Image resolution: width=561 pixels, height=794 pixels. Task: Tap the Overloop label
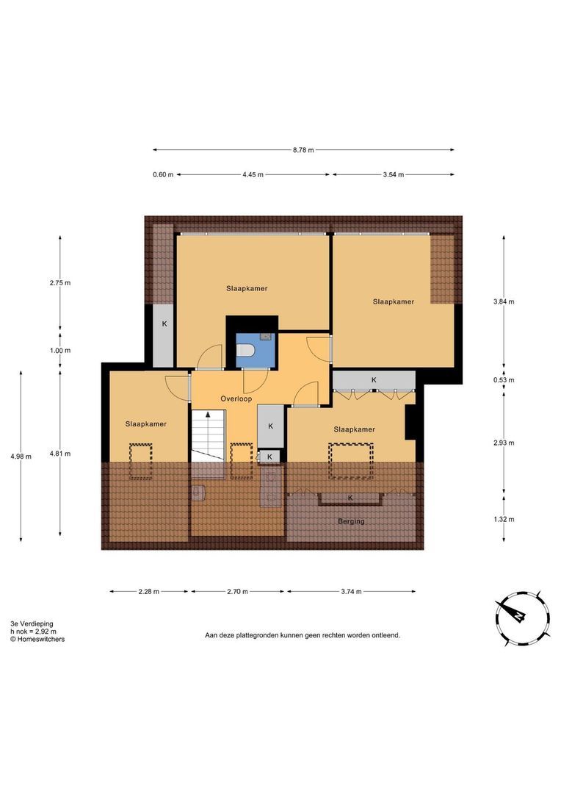[236, 399]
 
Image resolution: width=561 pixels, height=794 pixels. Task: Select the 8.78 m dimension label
[303, 150]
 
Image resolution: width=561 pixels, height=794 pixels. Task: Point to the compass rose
[523, 618]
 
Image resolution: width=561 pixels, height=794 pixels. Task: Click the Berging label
[351, 521]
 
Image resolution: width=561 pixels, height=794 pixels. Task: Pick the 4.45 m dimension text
[253, 175]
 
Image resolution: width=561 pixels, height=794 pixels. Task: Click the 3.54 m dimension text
[394, 175]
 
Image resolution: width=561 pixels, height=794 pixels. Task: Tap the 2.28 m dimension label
[149, 591]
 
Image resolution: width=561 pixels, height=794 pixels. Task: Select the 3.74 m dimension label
[351, 591]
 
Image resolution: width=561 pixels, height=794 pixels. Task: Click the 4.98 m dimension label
[21, 457]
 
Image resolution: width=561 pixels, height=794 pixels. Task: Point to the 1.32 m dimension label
[504, 519]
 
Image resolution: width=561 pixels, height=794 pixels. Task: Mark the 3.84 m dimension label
[504, 302]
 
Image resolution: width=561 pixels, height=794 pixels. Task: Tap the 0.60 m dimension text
[163, 175]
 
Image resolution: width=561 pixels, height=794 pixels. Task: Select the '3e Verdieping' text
[32, 624]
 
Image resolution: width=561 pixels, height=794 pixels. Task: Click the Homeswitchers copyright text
[37, 639]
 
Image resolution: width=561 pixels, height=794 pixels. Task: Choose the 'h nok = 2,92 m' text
[33, 632]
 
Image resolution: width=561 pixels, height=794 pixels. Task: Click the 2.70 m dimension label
[237, 591]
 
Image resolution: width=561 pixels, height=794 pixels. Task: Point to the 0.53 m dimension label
[504, 380]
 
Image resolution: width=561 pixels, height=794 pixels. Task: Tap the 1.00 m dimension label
[60, 351]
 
